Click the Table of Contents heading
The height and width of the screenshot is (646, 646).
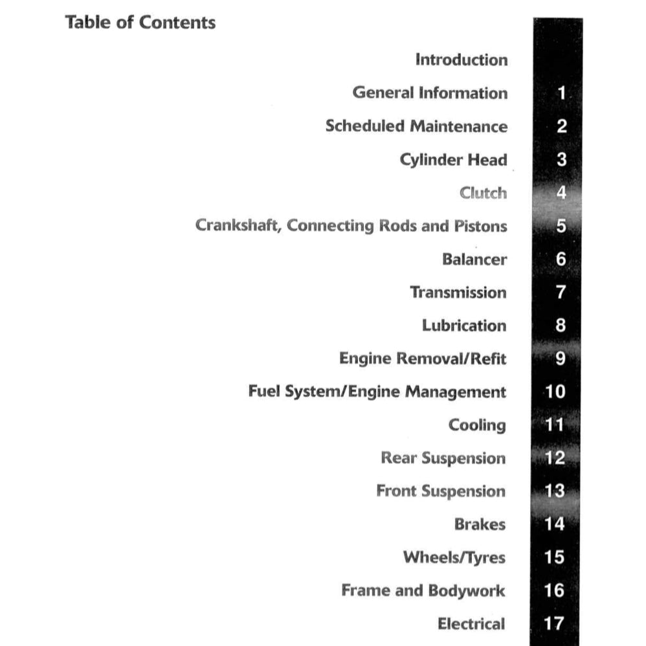pyautogui.click(x=140, y=23)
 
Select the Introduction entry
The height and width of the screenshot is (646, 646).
pyautogui.click(x=461, y=60)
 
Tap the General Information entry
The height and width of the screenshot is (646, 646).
pyautogui.click(x=430, y=93)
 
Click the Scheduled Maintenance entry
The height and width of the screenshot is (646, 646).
pyautogui.click(x=416, y=126)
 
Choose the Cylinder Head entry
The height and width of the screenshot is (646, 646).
pyautogui.click(x=453, y=160)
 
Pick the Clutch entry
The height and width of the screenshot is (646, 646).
pyautogui.click(x=483, y=193)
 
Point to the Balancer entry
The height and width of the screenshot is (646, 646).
pyautogui.click(x=474, y=260)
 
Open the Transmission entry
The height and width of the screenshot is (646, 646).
pyautogui.click(x=458, y=293)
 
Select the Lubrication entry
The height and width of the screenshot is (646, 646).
pyautogui.click(x=464, y=326)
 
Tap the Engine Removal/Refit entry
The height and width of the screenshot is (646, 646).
pyautogui.click(x=423, y=359)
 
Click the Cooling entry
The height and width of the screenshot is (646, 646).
pyautogui.click(x=477, y=425)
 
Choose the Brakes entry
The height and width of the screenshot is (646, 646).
pyautogui.click(x=480, y=524)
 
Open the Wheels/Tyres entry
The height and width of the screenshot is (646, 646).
pyautogui.click(x=454, y=557)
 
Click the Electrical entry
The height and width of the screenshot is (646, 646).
pyautogui.click(x=471, y=624)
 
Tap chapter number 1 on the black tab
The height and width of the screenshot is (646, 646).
pyautogui.click(x=561, y=93)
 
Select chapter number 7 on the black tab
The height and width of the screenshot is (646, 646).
pyautogui.click(x=561, y=293)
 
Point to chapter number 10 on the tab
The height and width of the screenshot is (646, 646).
pyautogui.click(x=555, y=392)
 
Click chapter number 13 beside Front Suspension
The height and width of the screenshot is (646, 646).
pyautogui.click(x=555, y=491)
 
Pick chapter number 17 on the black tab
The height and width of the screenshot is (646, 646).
pyautogui.click(x=555, y=624)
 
